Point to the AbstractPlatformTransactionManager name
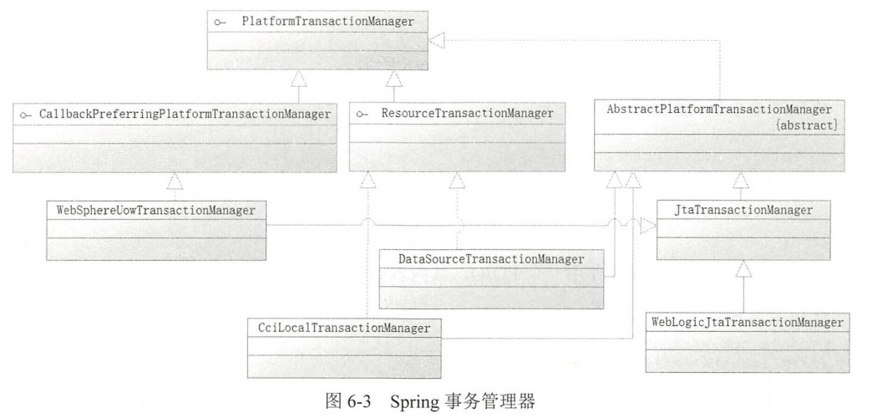pos(721,110)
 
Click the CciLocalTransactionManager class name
pos(343,328)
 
